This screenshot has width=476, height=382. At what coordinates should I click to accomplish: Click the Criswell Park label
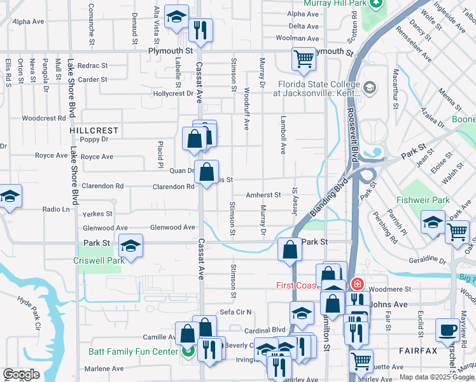click(99, 260)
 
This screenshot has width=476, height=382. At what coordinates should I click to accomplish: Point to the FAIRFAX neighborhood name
click(417, 351)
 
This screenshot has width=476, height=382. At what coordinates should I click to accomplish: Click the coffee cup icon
click(447, 330)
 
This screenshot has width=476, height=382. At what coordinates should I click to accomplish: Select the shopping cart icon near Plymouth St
click(304, 59)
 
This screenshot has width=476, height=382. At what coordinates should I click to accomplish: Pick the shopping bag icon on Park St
click(290, 250)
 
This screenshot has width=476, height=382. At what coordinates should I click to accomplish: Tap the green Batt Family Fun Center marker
click(187, 351)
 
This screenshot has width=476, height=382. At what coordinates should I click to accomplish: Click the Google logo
click(21, 375)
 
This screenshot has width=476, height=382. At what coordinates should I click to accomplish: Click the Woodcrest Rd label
click(44, 118)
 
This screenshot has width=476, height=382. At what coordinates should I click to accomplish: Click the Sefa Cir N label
click(236, 312)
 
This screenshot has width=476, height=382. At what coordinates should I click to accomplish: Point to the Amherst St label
click(264, 195)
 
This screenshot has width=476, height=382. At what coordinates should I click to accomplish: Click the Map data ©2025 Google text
click(436, 377)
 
